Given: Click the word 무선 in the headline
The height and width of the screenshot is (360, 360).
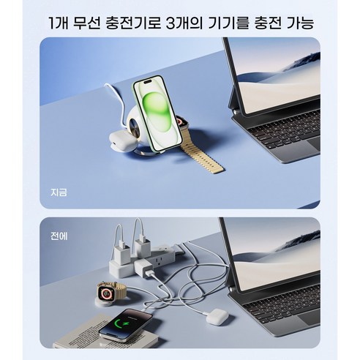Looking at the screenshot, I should click(x=91, y=22).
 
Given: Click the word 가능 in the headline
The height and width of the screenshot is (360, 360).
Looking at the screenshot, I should click(x=301, y=22).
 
